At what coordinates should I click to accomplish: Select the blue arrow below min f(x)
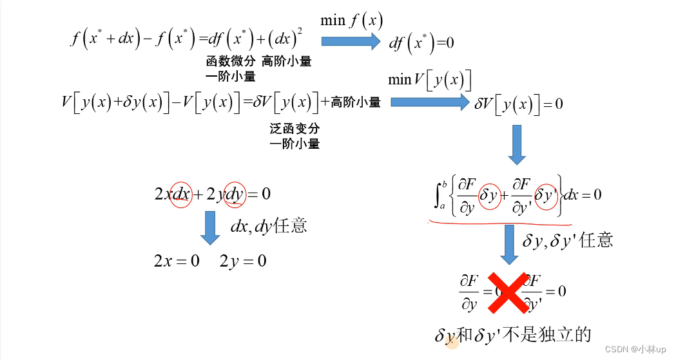click(351, 41)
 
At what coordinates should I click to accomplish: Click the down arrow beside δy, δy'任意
click(509, 247)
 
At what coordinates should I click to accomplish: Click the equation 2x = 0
click(176, 261)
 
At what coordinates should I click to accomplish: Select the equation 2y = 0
click(243, 261)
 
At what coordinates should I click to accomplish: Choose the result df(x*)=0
click(421, 43)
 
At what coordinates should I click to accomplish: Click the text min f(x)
click(352, 20)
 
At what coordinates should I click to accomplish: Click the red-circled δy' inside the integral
click(546, 193)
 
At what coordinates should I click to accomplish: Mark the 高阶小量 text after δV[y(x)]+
click(355, 102)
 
